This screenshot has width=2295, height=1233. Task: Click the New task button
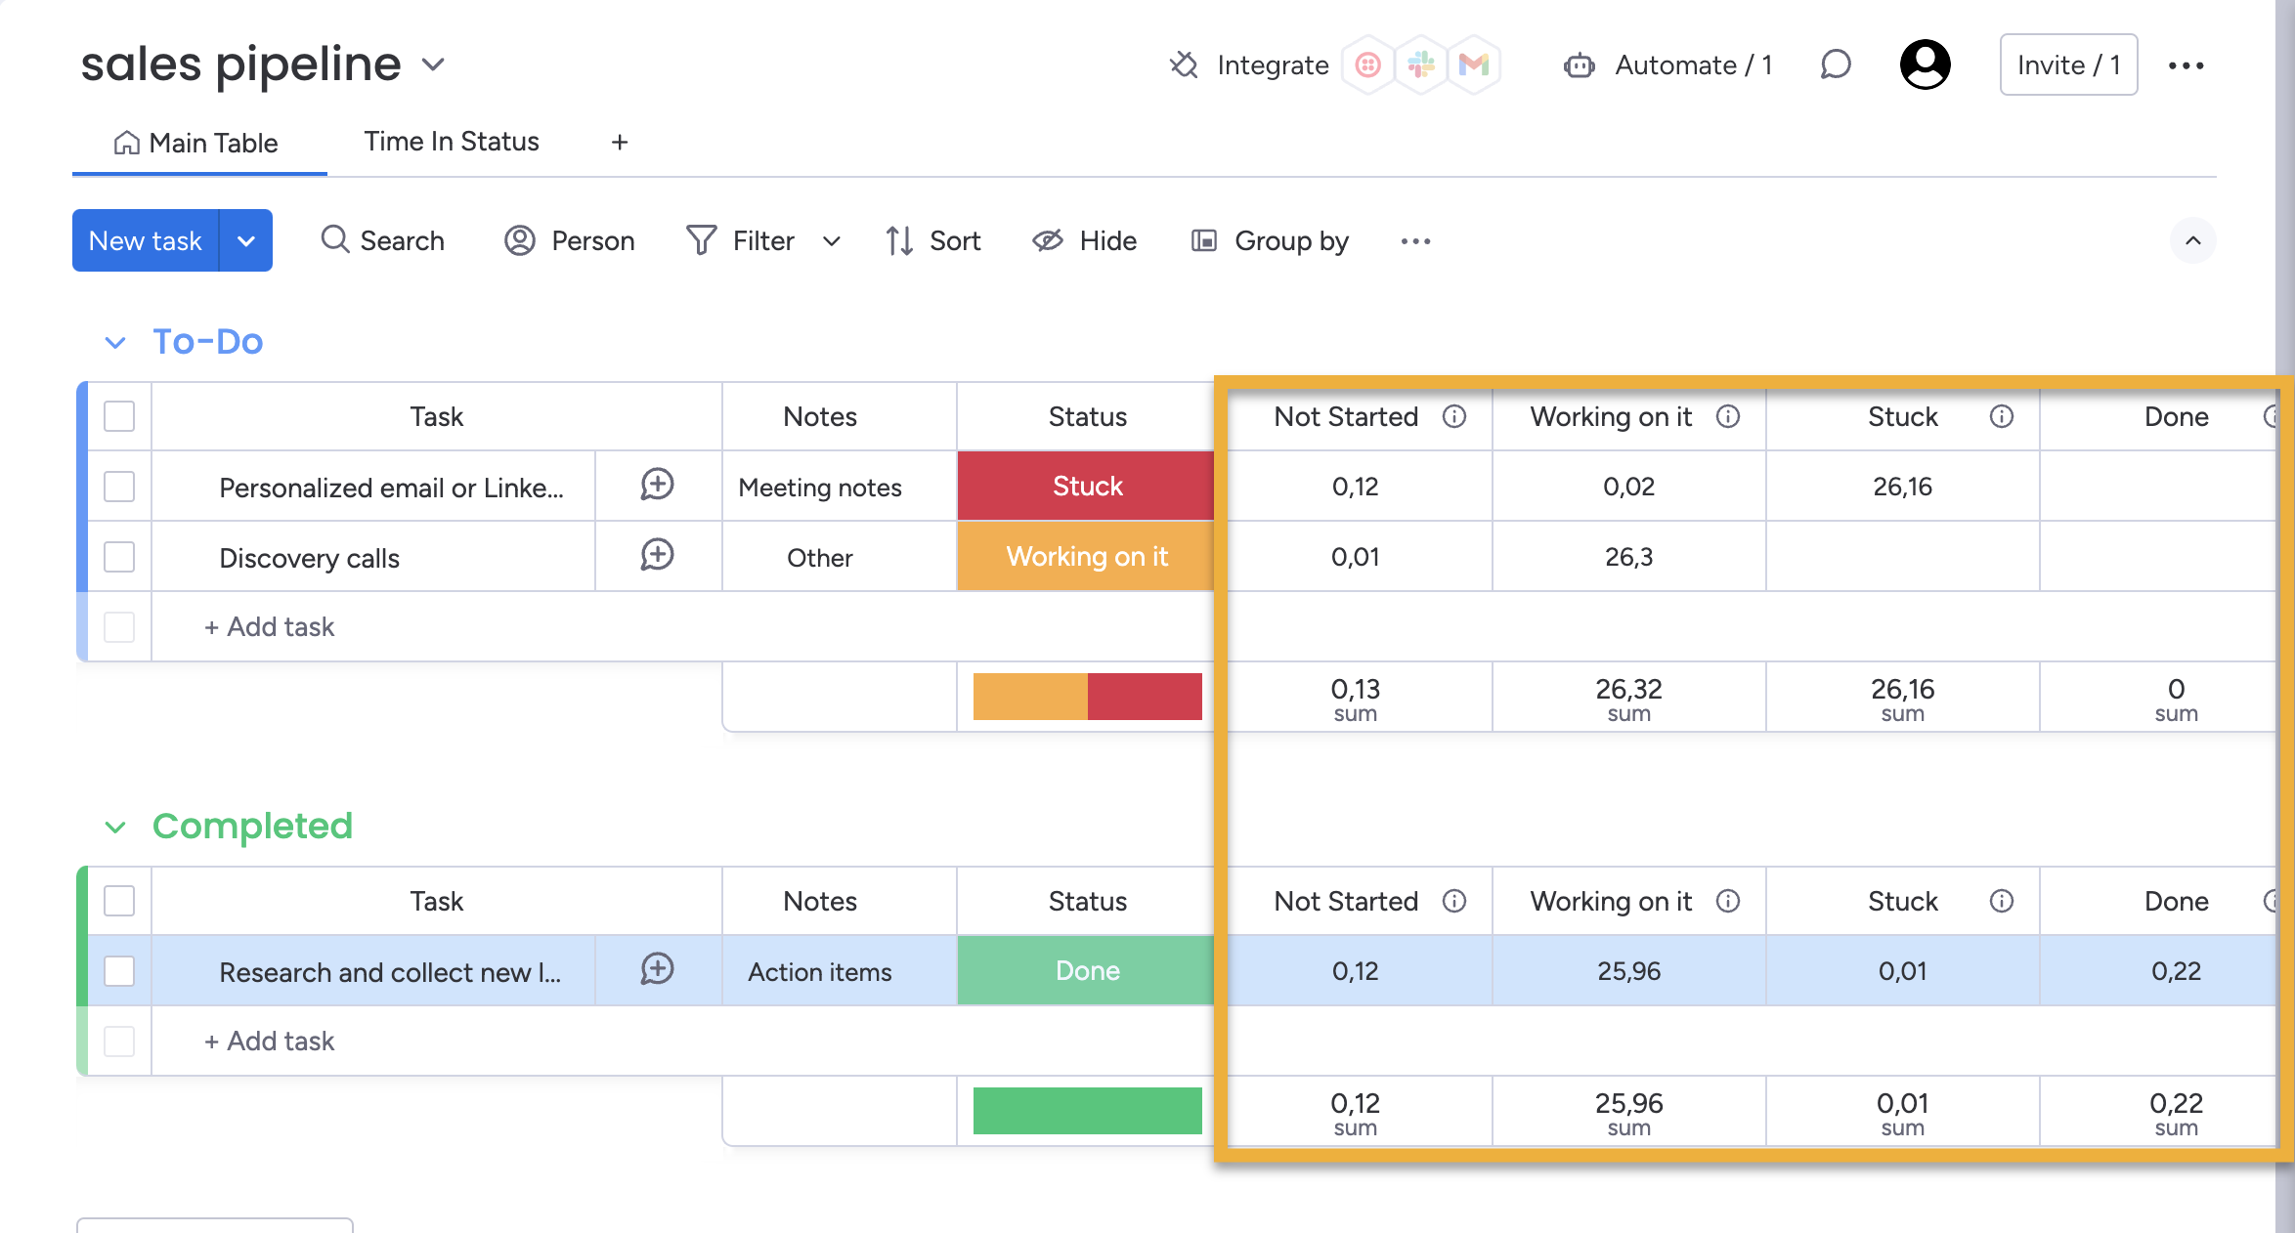click(x=146, y=240)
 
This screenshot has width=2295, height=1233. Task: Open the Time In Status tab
click(x=451, y=142)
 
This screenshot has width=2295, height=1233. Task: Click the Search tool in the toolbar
click(x=383, y=240)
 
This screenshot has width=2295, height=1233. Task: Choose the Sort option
click(x=933, y=240)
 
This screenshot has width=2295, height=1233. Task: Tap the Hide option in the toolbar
click(x=1085, y=240)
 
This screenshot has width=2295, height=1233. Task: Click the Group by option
click(x=1270, y=240)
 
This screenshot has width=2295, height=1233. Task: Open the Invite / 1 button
click(x=2068, y=64)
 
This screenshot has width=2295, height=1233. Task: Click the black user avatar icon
click(x=1925, y=64)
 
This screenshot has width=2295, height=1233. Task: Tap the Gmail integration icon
click(x=1473, y=64)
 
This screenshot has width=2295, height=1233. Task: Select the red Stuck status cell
click(x=1086, y=486)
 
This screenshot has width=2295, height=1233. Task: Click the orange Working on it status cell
click(x=1086, y=556)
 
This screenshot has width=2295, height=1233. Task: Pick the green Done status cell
click(x=1086, y=970)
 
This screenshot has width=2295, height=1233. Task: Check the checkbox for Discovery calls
click(x=119, y=557)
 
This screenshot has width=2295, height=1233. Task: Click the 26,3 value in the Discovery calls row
click(x=1628, y=557)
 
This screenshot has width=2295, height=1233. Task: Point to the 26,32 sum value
click(x=1628, y=690)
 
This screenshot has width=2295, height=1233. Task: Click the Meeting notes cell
click(x=820, y=487)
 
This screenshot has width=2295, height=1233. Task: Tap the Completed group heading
click(x=252, y=827)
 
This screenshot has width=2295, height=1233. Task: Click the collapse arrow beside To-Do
click(x=115, y=342)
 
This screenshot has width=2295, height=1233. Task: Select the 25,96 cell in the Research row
click(x=1628, y=971)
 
